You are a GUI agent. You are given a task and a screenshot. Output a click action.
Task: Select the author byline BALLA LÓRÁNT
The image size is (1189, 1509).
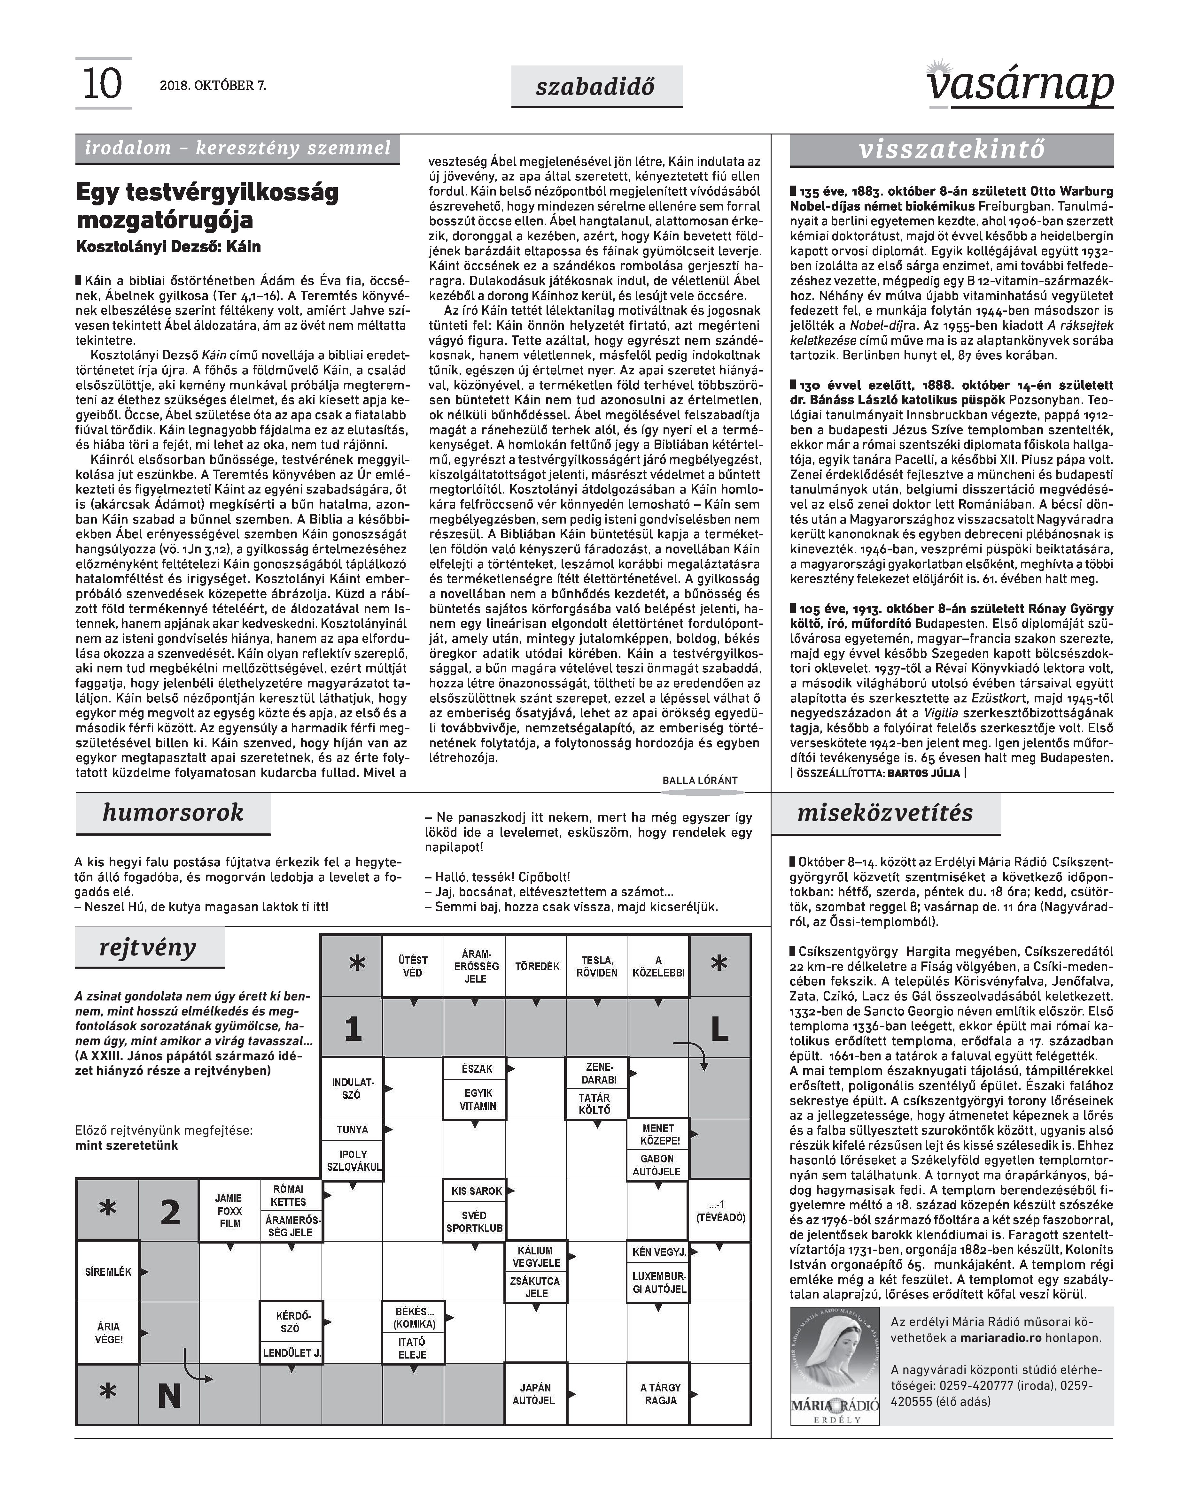pos(700,781)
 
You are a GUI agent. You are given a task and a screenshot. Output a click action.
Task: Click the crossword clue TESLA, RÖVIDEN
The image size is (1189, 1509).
pos(597,967)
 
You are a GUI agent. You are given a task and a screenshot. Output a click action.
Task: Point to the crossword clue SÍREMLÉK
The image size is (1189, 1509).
pos(108,1272)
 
